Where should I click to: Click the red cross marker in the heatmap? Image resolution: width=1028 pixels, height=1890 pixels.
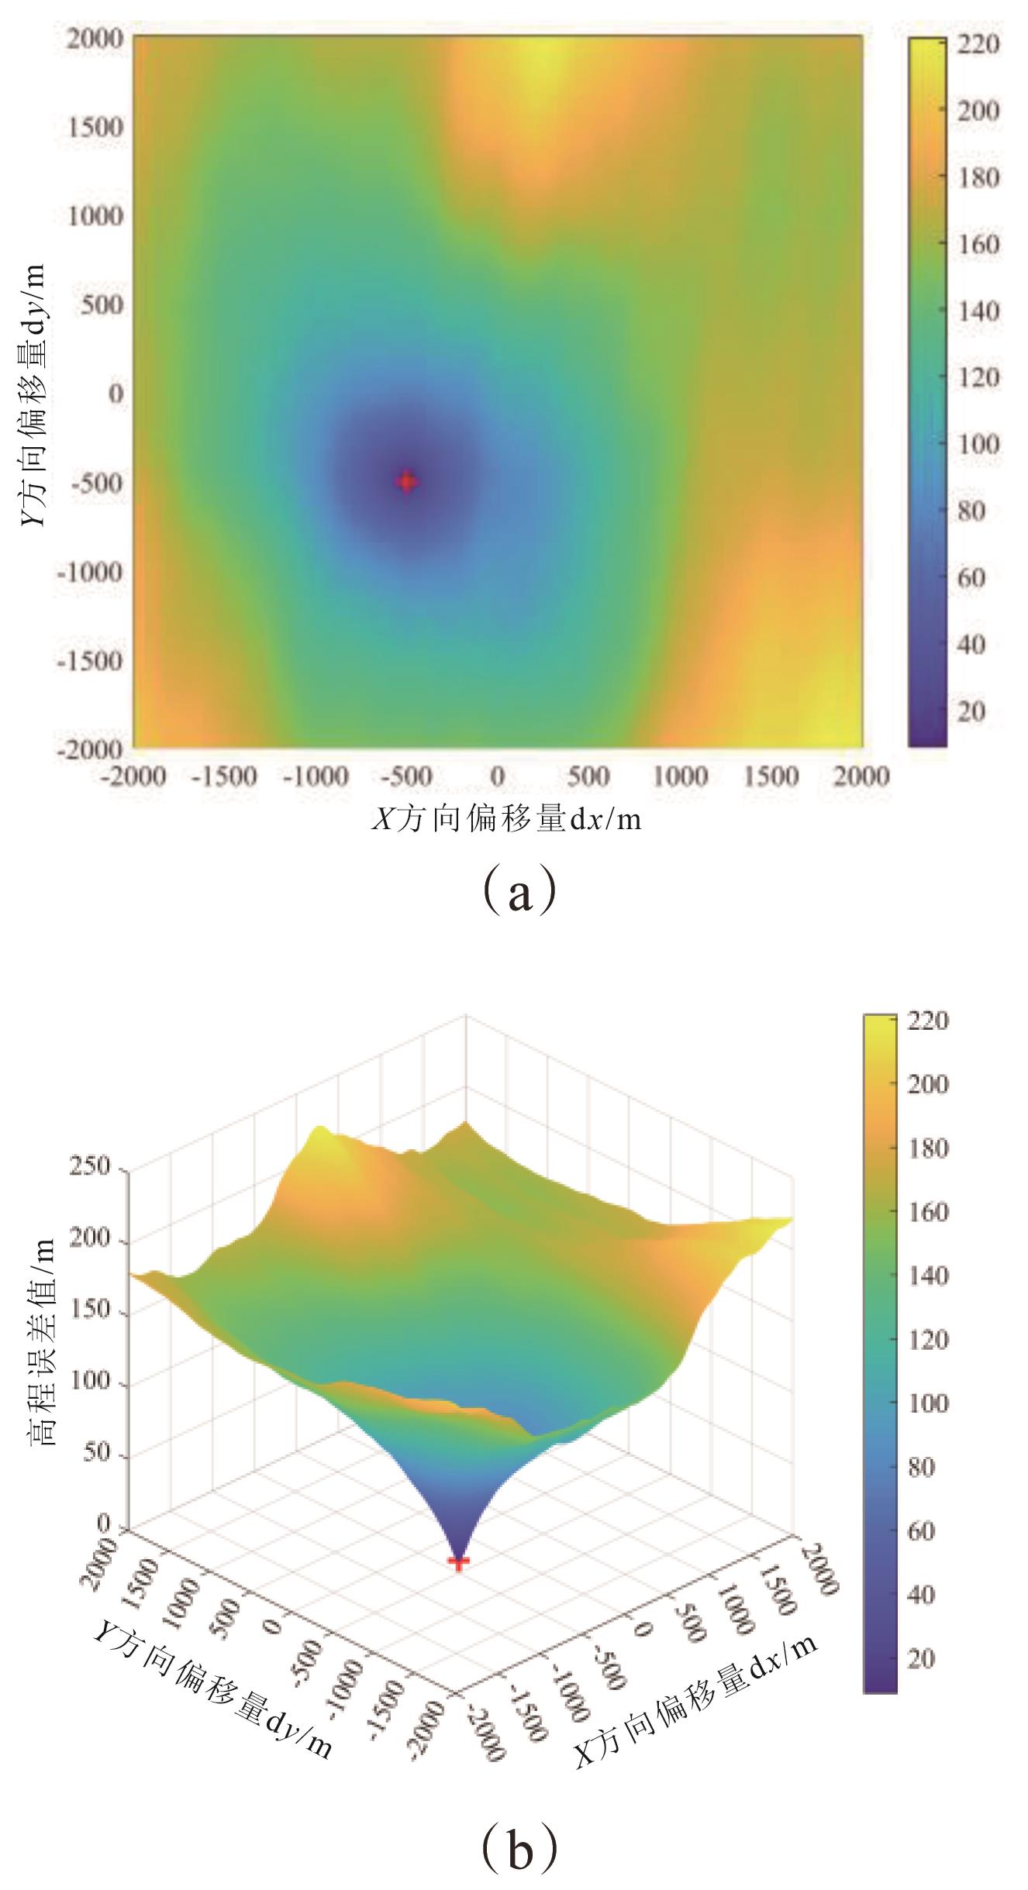(406, 481)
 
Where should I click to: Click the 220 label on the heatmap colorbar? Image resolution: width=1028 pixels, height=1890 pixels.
(979, 44)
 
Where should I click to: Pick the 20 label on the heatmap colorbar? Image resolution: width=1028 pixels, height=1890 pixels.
(970, 711)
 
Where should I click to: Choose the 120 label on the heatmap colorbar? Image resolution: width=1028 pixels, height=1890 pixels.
(979, 378)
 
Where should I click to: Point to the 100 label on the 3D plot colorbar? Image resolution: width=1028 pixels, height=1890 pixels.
(930, 1403)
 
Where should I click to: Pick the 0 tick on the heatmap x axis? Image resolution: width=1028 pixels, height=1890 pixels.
(497, 776)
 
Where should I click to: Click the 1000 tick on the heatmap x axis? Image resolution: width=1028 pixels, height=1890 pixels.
(680, 776)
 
